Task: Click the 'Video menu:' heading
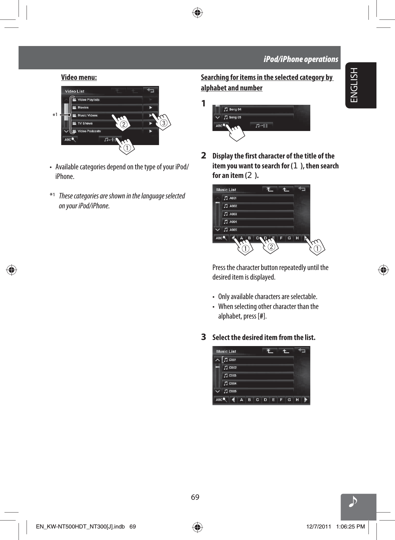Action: [x=79, y=77]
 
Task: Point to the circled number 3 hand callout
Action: [x=163, y=123]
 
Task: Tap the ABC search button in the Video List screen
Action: [x=70, y=140]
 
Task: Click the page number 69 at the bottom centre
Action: [x=195, y=497]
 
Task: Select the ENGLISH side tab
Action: [x=354, y=85]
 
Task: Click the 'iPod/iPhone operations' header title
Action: [x=301, y=59]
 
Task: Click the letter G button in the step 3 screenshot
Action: [x=289, y=400]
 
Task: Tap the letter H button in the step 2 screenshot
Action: [x=297, y=238]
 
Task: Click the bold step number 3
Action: [x=203, y=337]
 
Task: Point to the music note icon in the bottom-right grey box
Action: [x=353, y=502]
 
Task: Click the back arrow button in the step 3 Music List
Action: [x=302, y=351]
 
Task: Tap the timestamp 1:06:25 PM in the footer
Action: [x=350, y=527]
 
